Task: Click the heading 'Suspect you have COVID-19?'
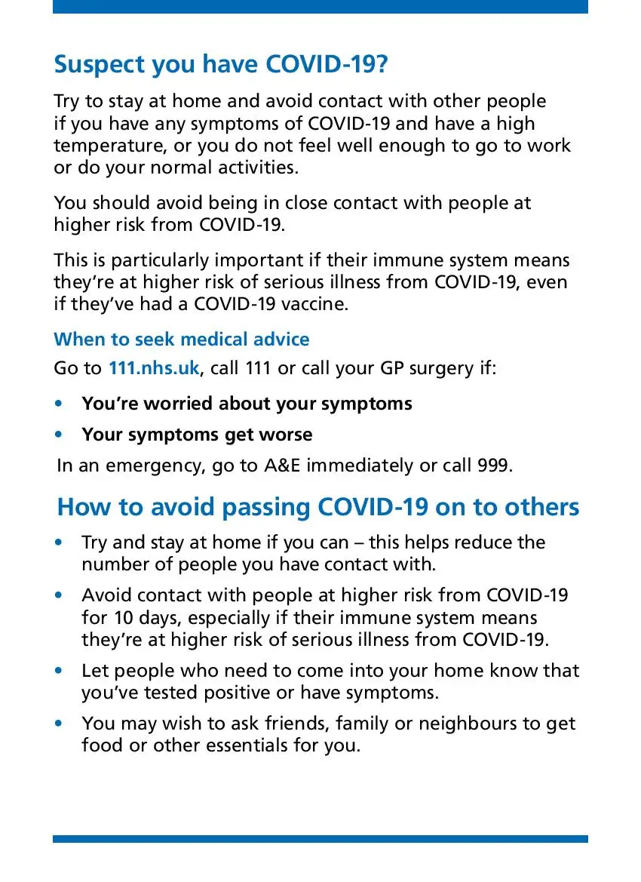click(221, 65)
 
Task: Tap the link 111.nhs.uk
click(154, 368)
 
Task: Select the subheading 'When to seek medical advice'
click(181, 340)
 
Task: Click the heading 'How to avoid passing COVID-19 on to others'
click(318, 506)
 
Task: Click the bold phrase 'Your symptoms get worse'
click(197, 435)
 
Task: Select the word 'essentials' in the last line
click(228, 745)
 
